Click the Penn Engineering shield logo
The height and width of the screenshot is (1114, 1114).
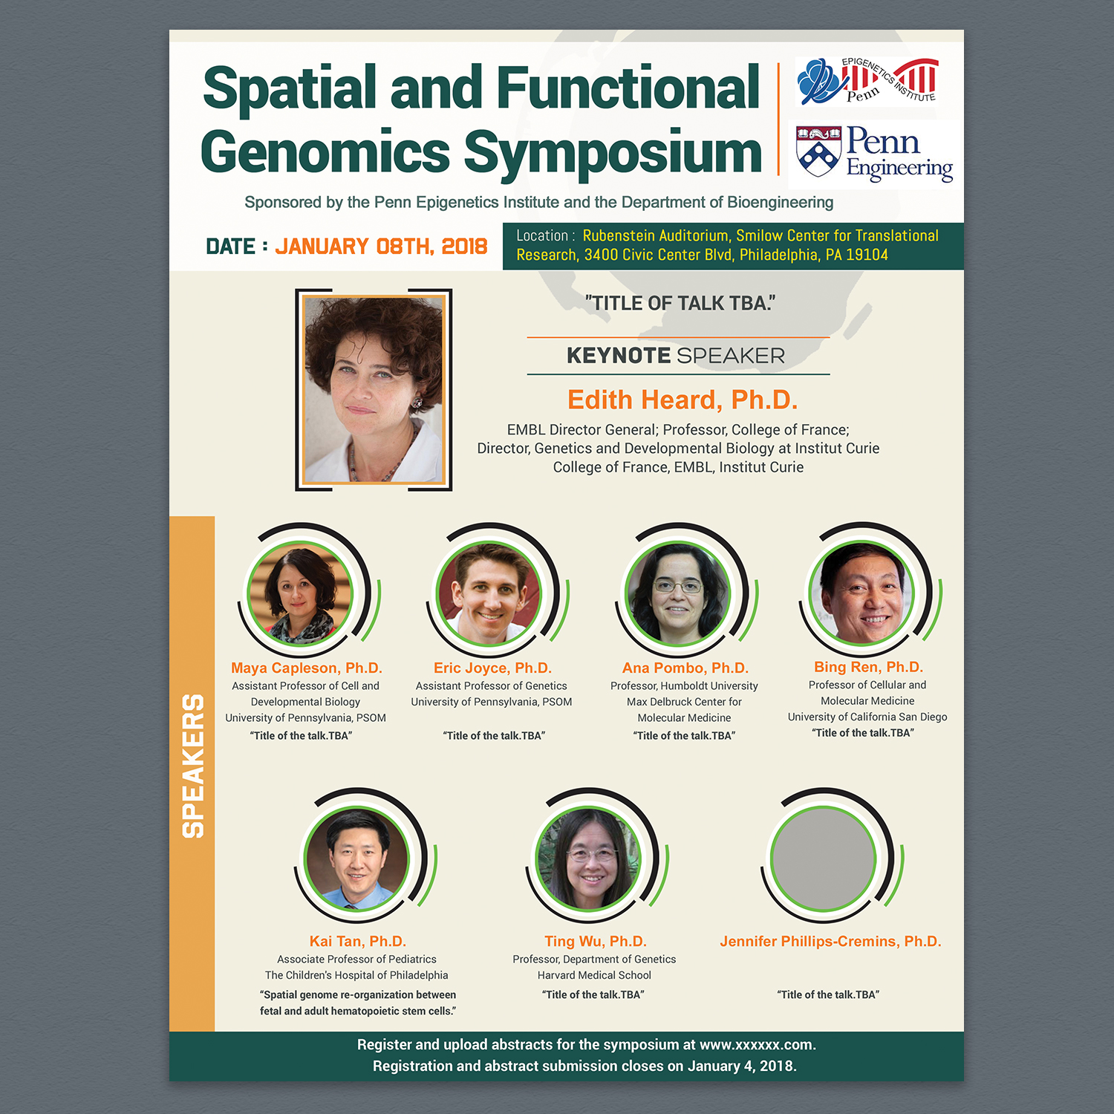(x=818, y=152)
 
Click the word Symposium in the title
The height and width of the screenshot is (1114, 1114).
(x=613, y=153)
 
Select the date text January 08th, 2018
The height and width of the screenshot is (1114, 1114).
(x=381, y=247)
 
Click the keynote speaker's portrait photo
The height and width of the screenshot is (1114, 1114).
(x=374, y=389)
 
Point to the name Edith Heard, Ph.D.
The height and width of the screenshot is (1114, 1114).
(x=682, y=400)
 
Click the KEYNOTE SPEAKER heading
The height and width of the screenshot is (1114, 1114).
(x=675, y=356)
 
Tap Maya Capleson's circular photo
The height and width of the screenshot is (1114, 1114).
(x=299, y=593)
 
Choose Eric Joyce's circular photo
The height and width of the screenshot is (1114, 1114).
(x=489, y=593)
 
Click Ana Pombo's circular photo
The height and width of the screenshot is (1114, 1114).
(x=677, y=593)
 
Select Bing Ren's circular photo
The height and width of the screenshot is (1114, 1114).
(x=861, y=593)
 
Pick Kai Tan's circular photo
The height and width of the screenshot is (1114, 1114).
(x=357, y=859)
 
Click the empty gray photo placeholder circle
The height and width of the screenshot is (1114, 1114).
(x=823, y=859)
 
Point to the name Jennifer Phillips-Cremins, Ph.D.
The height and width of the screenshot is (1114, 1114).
(x=830, y=942)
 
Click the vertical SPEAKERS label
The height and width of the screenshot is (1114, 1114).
(x=193, y=766)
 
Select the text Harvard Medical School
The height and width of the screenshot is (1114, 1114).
(x=594, y=975)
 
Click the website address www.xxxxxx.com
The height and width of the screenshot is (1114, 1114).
(x=756, y=1045)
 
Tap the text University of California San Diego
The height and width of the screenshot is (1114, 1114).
(x=867, y=717)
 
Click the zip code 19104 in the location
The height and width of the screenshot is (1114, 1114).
(x=867, y=255)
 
